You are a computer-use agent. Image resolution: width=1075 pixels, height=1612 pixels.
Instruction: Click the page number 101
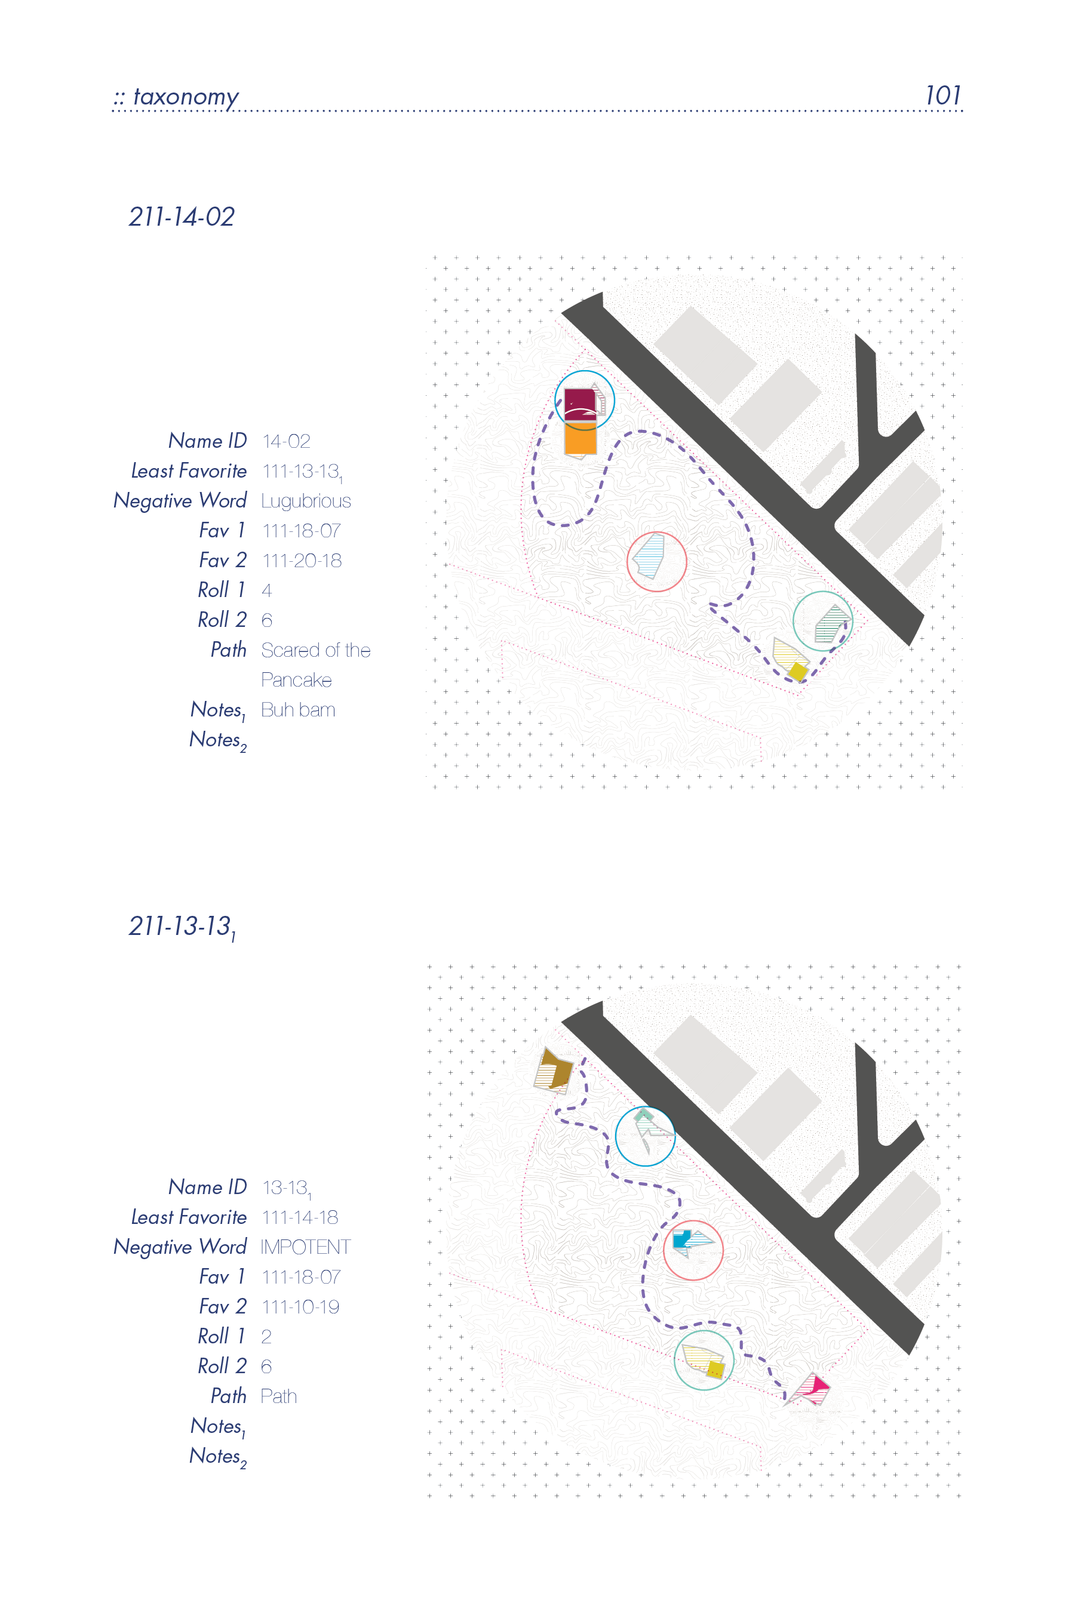click(944, 96)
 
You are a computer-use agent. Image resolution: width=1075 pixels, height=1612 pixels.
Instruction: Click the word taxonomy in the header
click(186, 97)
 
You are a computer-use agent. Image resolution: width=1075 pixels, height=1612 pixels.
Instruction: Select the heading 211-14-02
click(182, 217)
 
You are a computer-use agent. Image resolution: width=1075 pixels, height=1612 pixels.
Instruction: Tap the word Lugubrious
click(306, 501)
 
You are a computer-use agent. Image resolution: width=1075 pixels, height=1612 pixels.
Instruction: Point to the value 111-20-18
click(302, 561)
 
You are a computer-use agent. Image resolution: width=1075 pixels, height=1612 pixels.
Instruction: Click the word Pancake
click(296, 680)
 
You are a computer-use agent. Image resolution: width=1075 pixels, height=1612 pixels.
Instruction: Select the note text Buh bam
click(298, 709)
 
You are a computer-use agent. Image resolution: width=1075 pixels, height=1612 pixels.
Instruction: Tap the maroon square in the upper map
click(580, 404)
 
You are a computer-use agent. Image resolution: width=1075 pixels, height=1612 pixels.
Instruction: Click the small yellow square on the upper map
click(798, 671)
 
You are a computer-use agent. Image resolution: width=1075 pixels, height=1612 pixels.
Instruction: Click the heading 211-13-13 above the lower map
click(182, 927)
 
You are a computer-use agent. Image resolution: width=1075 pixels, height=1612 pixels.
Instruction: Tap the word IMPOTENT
click(306, 1247)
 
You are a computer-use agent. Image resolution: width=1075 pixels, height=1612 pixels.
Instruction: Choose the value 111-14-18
click(300, 1217)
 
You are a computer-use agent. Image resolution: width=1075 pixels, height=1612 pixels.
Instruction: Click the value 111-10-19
click(301, 1307)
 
